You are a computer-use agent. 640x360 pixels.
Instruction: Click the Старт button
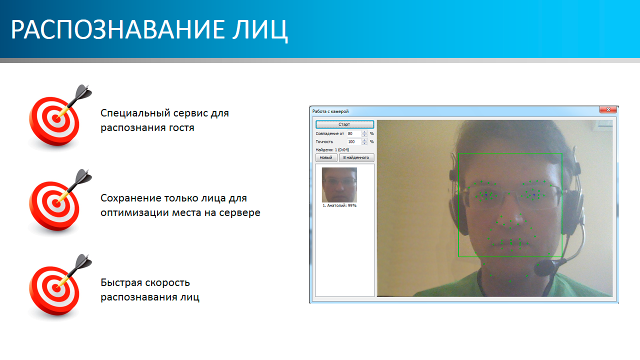pos(344,124)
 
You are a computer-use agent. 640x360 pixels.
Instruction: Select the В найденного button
pos(356,157)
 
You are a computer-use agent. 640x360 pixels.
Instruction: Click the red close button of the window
pos(608,109)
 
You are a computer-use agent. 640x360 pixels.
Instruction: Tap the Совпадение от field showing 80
pos(354,133)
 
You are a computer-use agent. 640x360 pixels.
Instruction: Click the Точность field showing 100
pos(354,141)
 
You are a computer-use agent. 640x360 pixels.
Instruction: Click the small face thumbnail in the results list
pos(339,185)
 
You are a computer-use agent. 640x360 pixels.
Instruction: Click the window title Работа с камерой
pos(330,111)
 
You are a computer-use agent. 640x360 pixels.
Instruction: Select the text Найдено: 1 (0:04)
pos(332,149)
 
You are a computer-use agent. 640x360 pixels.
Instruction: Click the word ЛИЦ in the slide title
pos(259,30)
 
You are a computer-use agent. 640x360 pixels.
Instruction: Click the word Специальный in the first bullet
pos(135,113)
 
